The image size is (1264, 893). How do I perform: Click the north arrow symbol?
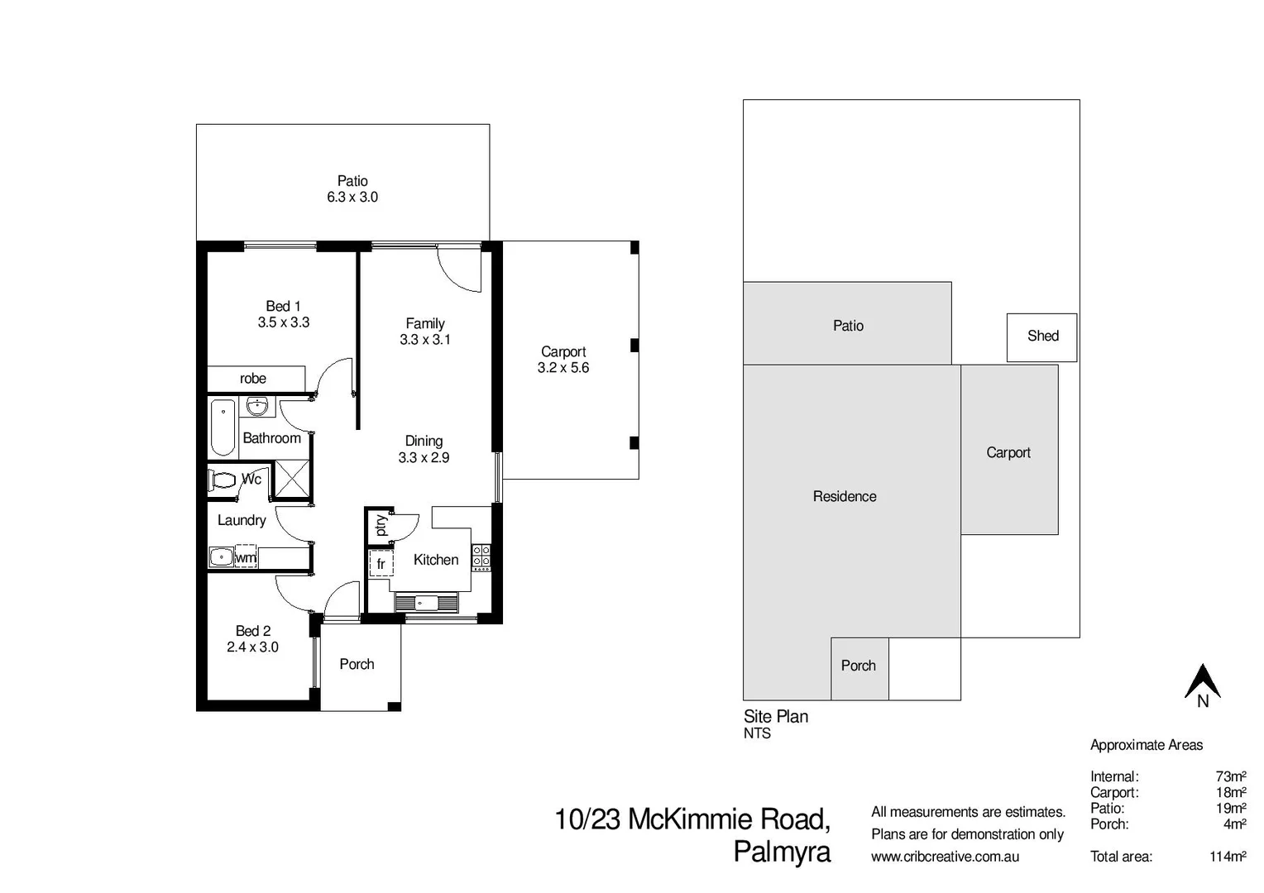pos(1203,683)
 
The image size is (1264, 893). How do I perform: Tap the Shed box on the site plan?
pos(1041,337)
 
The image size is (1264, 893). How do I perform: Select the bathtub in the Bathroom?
pos(223,427)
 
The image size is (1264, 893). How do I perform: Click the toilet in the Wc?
pos(223,480)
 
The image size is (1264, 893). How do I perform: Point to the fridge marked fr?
pos(381,563)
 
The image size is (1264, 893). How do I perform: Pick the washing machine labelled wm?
pos(246,556)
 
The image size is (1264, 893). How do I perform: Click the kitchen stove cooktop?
pos(481,556)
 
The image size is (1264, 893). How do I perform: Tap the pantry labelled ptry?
pos(380,525)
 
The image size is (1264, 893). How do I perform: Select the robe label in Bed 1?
pos(253,379)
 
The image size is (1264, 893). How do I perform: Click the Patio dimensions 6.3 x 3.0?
pos(352,197)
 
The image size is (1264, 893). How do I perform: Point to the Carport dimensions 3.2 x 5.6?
pos(563,368)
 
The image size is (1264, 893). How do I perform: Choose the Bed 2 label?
pos(252,631)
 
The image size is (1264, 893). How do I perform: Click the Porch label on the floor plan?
pos(357,664)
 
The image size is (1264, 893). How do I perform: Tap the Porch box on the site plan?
pos(859,666)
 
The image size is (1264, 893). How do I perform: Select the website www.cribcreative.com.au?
pos(945,857)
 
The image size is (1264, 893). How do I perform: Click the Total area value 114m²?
pos(1228,857)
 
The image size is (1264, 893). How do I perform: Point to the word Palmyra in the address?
pos(782,852)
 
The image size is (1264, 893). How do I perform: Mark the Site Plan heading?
pos(776,717)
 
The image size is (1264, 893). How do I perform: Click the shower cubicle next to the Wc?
pos(291,480)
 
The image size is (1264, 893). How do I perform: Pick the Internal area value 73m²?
pos(1230,776)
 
